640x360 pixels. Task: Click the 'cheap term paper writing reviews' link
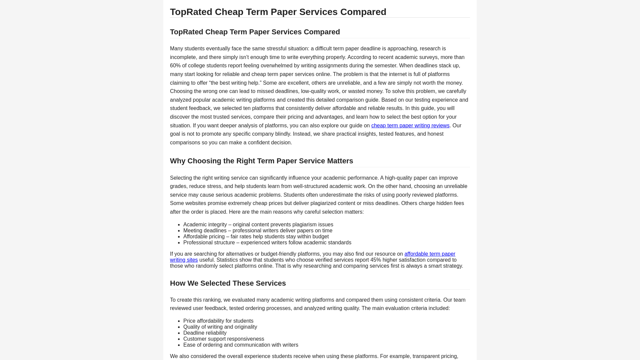pos(410,126)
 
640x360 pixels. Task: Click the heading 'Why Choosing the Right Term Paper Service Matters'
pos(261,161)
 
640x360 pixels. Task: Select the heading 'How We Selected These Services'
pos(228,283)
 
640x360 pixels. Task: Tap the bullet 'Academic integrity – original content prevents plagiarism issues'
pos(258,225)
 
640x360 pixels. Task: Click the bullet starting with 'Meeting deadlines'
pos(257,231)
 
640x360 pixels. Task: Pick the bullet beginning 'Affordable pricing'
pos(256,237)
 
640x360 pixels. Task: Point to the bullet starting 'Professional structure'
pos(267,243)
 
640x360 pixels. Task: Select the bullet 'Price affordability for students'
pos(218,321)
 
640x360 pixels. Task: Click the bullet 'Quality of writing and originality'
pos(220,327)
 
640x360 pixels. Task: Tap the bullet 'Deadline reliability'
pos(205,333)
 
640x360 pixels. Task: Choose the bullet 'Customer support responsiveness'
pos(223,339)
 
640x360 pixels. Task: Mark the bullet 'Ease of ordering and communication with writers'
pos(240,345)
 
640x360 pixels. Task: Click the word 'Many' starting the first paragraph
pos(176,49)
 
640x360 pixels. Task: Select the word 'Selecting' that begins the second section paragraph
pos(181,178)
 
